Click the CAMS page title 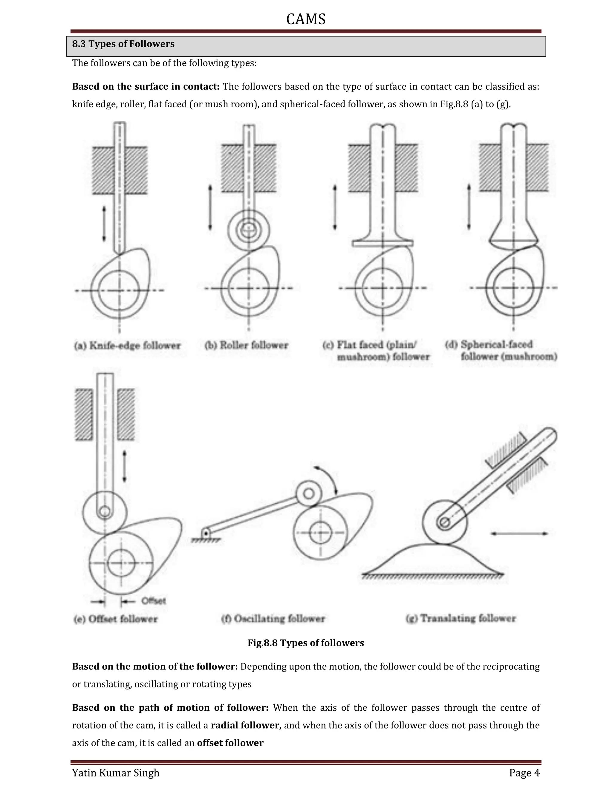[x=306, y=19]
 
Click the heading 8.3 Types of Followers [x=123, y=44]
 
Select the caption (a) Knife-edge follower [x=127, y=345]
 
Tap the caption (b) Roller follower [x=246, y=345]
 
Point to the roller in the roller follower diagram [x=249, y=230]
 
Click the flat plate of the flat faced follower [x=382, y=244]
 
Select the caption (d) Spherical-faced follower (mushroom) [x=501, y=350]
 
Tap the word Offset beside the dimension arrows [x=153, y=601]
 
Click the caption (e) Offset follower [x=116, y=619]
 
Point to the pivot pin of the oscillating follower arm [x=206, y=533]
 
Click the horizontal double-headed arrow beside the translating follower [x=519, y=533]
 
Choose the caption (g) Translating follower [x=460, y=618]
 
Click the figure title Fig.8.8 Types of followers [x=306, y=643]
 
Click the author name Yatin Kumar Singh [x=116, y=773]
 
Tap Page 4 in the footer [x=524, y=773]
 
